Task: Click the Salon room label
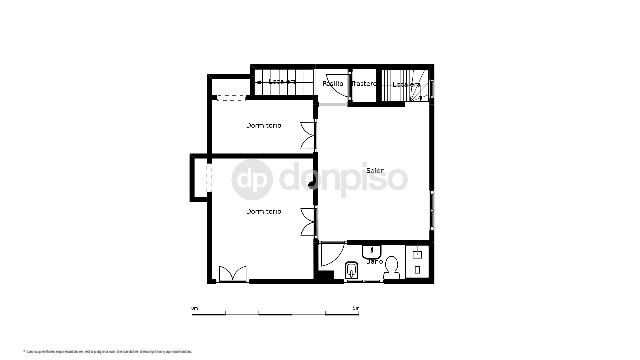pos(375,171)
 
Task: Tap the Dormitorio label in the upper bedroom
pos(264,125)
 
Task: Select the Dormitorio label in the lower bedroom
pos(264,211)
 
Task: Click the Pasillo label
pos(334,84)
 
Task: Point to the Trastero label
pos(364,84)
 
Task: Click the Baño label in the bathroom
pos(374,261)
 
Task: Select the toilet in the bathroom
pos(394,266)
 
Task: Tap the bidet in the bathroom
pos(351,269)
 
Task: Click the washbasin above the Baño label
pos(374,249)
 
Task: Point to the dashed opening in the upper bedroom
pos(232,97)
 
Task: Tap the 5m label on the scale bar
pos(356,306)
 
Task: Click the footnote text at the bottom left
pos(107,351)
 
